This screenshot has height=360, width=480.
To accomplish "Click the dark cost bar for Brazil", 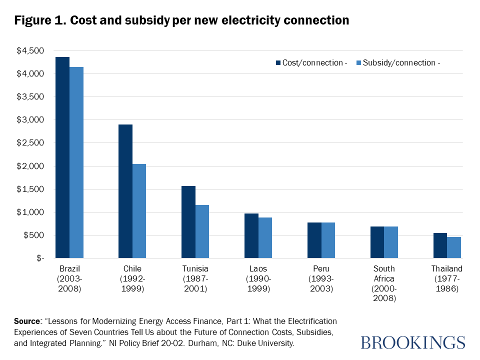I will [62, 157].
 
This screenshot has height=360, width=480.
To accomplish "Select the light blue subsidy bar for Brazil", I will [76, 162].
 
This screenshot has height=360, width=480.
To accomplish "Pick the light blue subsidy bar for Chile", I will [139, 211].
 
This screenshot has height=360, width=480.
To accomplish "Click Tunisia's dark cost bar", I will [188, 222].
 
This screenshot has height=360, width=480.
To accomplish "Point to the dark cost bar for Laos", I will [251, 235].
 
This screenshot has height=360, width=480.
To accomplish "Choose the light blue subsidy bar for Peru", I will [328, 240].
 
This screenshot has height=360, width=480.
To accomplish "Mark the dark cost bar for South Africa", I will [377, 242].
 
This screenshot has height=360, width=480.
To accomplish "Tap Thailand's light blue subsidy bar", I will [454, 247].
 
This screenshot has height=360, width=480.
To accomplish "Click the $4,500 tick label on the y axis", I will [30, 50].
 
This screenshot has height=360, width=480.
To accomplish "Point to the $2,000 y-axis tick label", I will [30, 166].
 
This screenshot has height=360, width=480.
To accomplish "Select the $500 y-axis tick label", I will [34, 235].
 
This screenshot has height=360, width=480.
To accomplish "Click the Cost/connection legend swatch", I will [278, 63].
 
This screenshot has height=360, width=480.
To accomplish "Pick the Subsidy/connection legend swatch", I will [359, 63].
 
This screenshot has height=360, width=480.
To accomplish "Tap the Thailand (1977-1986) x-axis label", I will [447, 278].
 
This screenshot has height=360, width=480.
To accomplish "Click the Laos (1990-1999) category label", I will [258, 278].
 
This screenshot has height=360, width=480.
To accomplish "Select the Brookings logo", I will [412, 342].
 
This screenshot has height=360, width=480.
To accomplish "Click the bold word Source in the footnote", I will [27, 321].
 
